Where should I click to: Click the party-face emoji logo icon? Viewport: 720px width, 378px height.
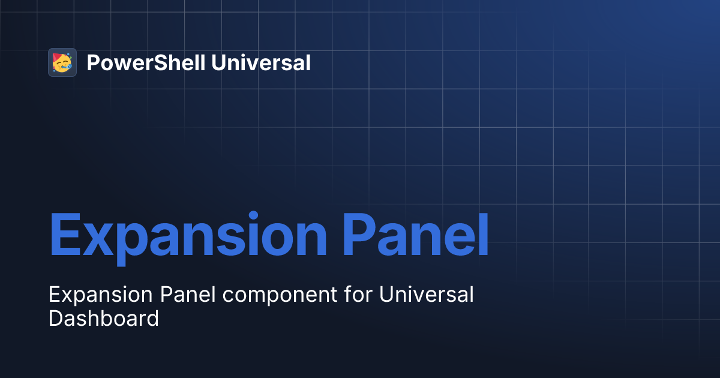62,62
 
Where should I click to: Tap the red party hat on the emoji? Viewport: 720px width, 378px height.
57,58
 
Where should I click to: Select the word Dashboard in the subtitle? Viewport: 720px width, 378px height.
103,318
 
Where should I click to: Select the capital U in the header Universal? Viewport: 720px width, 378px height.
218,62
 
